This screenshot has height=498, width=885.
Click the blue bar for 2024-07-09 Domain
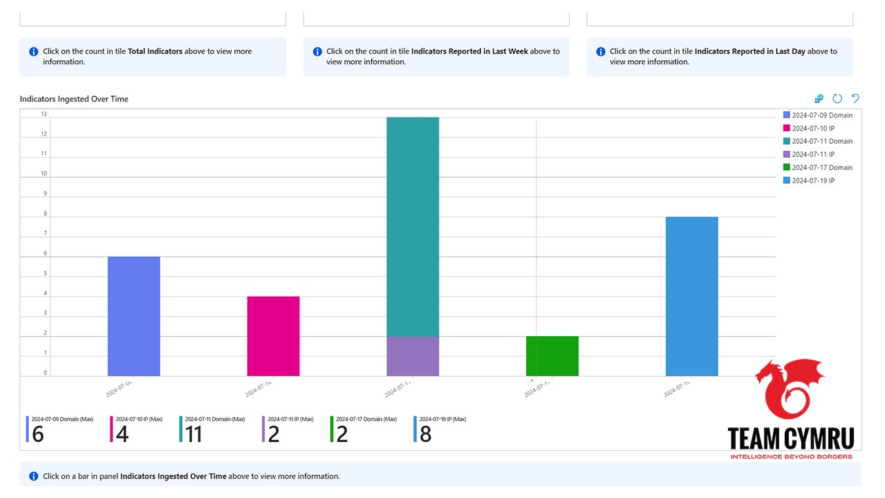click(133, 316)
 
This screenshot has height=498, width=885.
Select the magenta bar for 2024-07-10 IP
click(273, 336)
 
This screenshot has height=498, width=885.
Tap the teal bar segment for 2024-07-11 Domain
click(412, 227)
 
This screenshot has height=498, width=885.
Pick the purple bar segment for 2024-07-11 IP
click(412, 356)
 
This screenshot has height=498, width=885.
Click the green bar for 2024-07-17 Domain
click(552, 356)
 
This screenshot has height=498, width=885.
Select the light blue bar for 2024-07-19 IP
click(691, 296)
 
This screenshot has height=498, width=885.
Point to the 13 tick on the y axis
click(44, 114)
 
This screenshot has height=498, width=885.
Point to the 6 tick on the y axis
click(46, 254)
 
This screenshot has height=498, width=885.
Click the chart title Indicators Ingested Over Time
click(74, 99)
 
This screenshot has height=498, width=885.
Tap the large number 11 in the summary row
click(194, 434)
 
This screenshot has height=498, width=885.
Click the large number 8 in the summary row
click(425, 434)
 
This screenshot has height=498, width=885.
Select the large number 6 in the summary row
click(38, 434)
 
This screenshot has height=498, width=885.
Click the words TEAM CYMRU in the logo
click(790, 439)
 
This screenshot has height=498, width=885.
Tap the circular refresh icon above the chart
click(837, 99)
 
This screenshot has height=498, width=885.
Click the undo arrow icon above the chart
click(855, 99)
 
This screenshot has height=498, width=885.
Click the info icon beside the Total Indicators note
click(34, 52)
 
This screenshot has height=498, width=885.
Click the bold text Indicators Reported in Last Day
click(749, 51)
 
